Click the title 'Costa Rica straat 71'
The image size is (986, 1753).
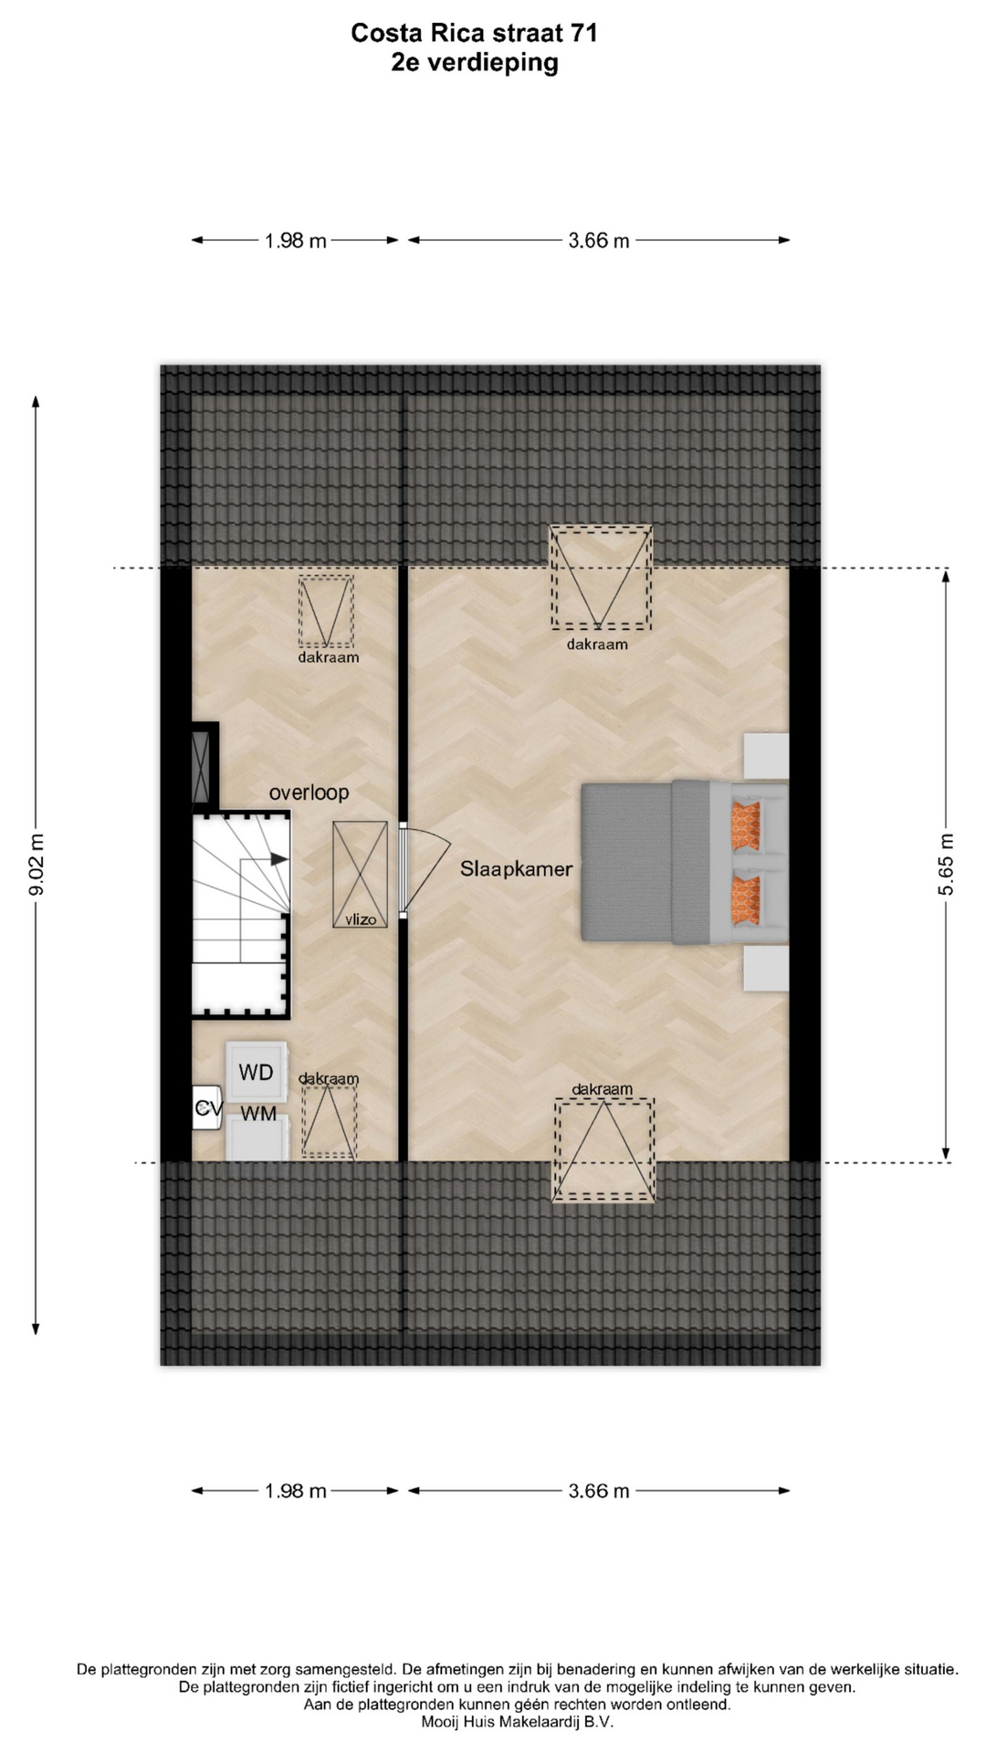coord(474,34)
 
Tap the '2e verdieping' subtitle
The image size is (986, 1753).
coord(474,63)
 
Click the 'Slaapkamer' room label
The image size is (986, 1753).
coord(516,869)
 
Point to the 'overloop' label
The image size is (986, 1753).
coord(309,793)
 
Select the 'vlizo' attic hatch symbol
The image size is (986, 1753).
coord(360,875)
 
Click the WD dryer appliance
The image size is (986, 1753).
coord(257,1072)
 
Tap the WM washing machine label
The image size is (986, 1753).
coord(258,1115)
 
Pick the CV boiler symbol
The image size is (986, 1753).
coord(207,1108)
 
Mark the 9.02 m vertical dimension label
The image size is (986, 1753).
coord(37,865)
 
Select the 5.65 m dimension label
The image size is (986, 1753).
coord(946,864)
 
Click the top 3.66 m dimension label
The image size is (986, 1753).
coord(599,241)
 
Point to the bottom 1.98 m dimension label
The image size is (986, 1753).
coord(295,1491)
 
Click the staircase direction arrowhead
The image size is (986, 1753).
coord(279,859)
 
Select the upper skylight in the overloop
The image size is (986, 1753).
coord(326,611)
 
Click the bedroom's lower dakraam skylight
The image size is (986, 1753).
coord(603,1149)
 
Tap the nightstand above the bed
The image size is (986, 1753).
coord(766,756)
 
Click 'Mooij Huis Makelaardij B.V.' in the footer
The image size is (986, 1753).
coord(518,1722)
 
